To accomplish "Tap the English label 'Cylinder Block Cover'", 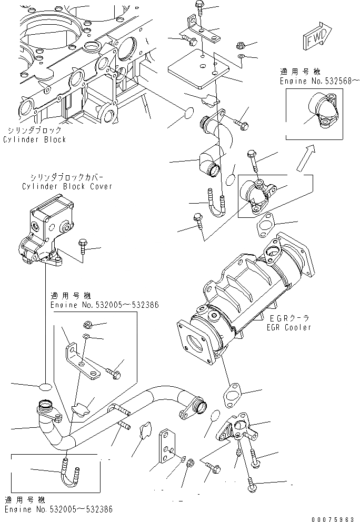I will [67, 187].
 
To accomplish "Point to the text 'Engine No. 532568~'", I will [320, 80].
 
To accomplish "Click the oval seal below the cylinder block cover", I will [46, 387].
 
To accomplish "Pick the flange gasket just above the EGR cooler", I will [266, 224].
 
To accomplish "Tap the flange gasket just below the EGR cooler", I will [233, 395].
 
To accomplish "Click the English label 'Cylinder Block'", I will [35, 139].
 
